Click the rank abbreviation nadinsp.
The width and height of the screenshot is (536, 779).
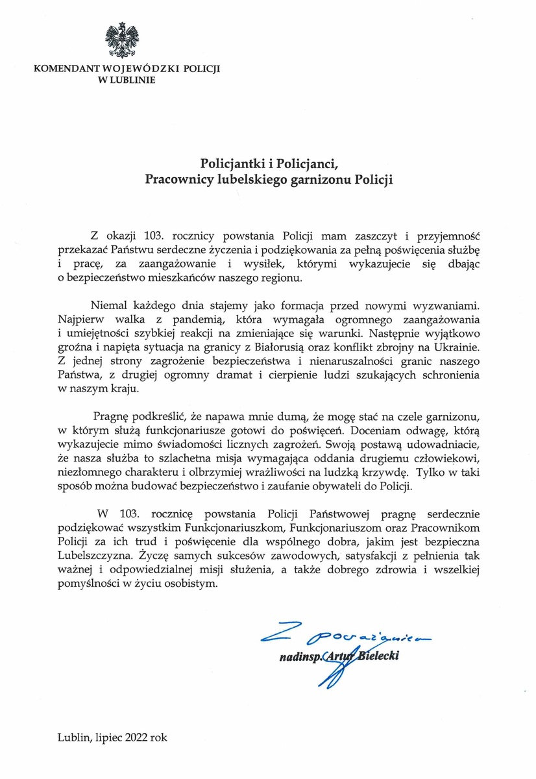pyautogui.click(x=300, y=657)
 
